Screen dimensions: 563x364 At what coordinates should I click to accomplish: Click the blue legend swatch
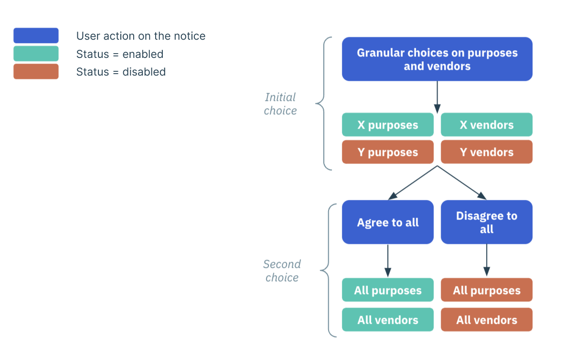[x=36, y=35]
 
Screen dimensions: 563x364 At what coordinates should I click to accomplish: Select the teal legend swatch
[x=36, y=54]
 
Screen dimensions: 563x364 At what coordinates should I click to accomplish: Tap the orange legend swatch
[x=36, y=71]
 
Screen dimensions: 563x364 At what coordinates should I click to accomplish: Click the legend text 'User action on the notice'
[x=141, y=36]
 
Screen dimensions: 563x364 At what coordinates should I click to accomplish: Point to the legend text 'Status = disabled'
[x=121, y=72]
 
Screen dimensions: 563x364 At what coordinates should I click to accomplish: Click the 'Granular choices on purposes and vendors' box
[x=437, y=59]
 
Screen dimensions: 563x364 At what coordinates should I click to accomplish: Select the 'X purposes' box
[x=388, y=125]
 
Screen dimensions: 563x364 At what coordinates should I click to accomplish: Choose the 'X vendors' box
[x=487, y=125]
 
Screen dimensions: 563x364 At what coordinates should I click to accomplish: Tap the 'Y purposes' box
[x=388, y=152]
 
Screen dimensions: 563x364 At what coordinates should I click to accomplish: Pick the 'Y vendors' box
[x=487, y=152]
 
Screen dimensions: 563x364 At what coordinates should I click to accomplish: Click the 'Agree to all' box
[x=388, y=222]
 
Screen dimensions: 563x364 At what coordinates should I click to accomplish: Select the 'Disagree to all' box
[x=487, y=222]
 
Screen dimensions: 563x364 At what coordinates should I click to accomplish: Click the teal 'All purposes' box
[x=388, y=290]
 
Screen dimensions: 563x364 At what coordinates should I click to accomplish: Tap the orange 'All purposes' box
[x=487, y=290]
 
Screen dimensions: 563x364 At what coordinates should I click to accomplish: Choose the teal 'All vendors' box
[x=388, y=320]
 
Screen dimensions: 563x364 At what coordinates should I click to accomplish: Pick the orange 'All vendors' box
[x=487, y=320]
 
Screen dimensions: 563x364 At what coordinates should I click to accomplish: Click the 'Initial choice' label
[x=280, y=104]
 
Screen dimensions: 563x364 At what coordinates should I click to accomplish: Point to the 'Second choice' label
[x=282, y=271]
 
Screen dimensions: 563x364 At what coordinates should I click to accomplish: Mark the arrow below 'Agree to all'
[x=388, y=261]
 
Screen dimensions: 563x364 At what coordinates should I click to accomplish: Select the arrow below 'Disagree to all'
[x=487, y=260]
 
